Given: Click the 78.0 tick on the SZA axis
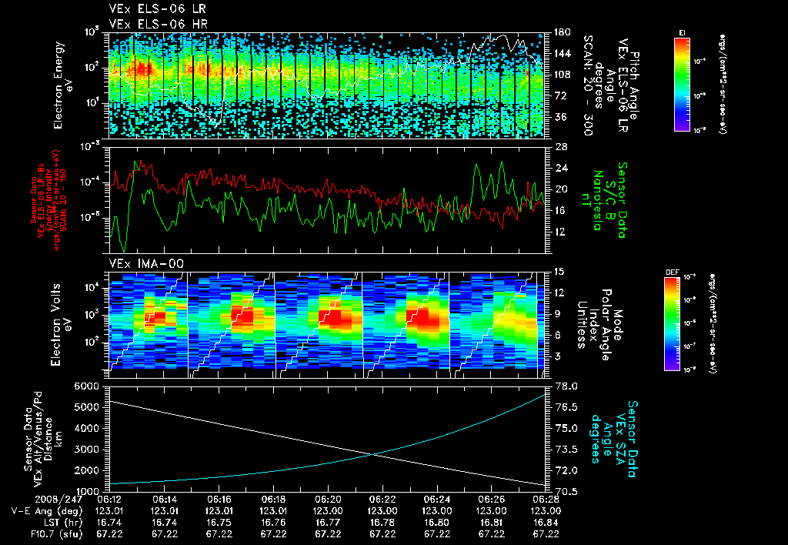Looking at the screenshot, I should tap(564, 386).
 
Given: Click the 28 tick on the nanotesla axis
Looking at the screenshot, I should tap(560, 146).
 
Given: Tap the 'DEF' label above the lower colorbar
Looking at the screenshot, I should tap(670, 272).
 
